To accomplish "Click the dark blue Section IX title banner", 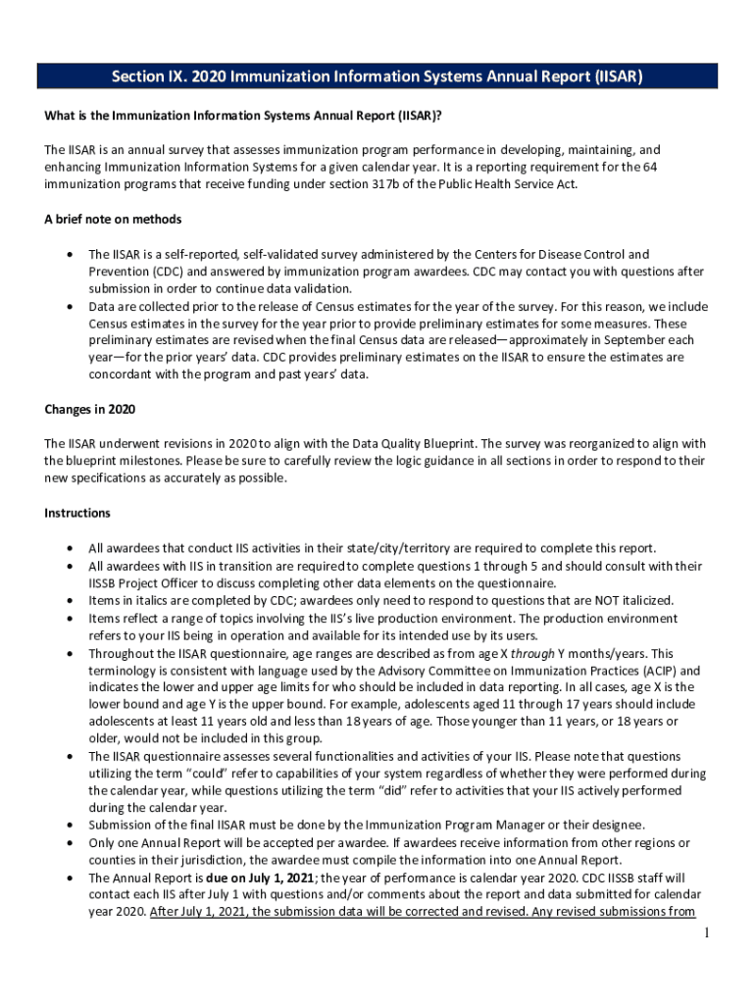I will coord(377,77).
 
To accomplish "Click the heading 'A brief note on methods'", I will coord(113,219).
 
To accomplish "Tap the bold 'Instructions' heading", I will coord(77,513).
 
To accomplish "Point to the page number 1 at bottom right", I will coord(705,932).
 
